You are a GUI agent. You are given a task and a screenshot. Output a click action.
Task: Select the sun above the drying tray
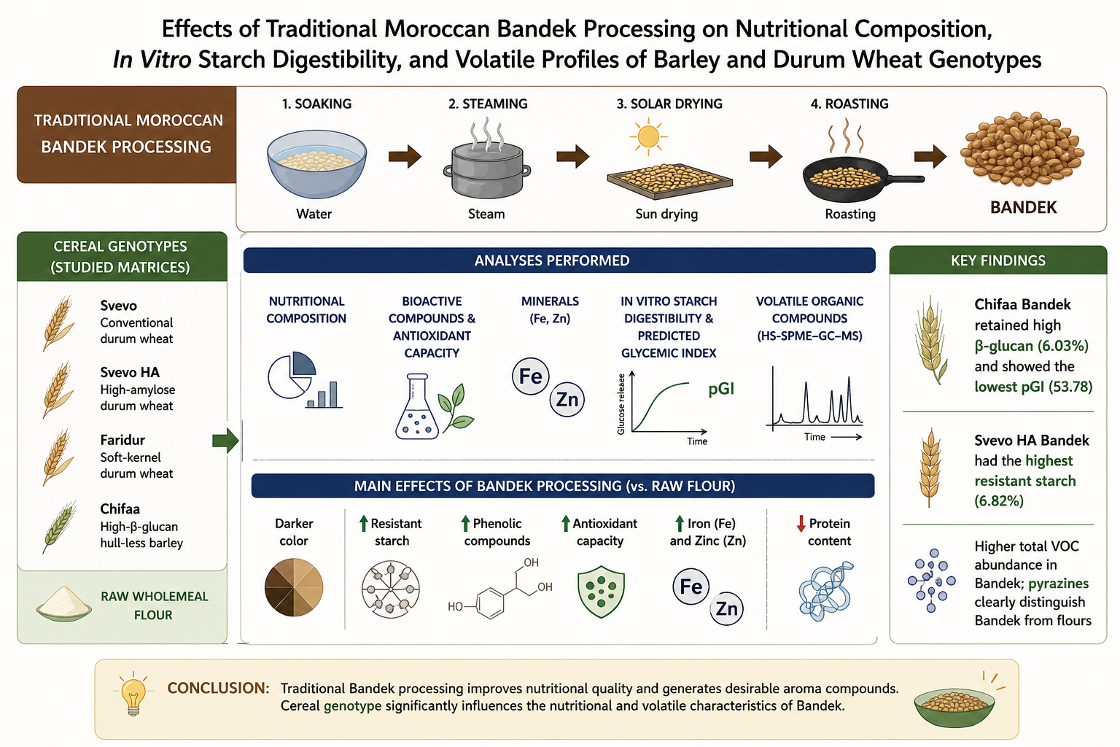[x=648, y=136]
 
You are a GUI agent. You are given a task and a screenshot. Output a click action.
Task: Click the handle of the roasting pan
[x=905, y=179]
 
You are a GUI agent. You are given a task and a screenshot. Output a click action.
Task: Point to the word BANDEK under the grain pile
[x=1024, y=208]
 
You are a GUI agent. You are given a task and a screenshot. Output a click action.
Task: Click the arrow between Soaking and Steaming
[x=405, y=157]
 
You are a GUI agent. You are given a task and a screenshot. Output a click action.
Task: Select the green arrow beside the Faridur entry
[x=225, y=441]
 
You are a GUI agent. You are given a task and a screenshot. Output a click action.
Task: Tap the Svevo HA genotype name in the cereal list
[x=130, y=372]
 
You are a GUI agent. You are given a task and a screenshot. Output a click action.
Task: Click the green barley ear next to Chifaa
[x=60, y=527]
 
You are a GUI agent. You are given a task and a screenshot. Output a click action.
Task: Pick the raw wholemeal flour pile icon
[x=64, y=604]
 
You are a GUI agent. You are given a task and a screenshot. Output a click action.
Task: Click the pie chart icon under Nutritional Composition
[x=292, y=374]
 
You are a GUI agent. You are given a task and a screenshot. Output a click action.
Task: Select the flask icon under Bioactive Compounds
[x=417, y=407]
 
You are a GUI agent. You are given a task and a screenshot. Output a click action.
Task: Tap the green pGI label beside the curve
[x=721, y=390]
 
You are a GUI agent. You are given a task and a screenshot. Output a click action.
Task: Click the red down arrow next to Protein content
[x=801, y=523]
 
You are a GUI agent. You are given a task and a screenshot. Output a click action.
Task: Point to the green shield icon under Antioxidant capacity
[x=601, y=592]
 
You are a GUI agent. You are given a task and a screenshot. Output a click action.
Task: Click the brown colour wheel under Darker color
[x=294, y=587]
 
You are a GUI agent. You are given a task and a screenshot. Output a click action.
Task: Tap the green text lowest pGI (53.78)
[x=1033, y=387]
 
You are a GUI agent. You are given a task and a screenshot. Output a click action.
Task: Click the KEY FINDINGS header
[x=998, y=260]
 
